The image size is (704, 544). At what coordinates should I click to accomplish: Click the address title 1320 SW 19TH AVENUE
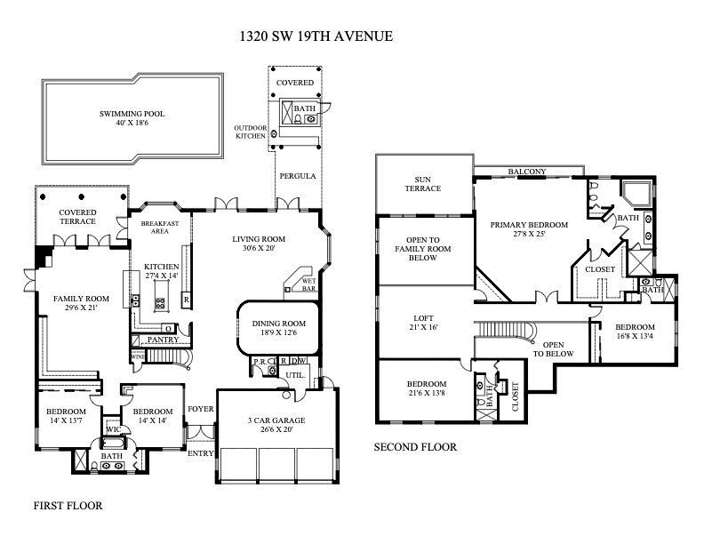pyautogui.click(x=316, y=36)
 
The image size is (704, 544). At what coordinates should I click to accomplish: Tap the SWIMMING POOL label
pyautogui.click(x=132, y=114)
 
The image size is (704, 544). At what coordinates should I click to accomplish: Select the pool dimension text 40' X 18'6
pyautogui.click(x=132, y=123)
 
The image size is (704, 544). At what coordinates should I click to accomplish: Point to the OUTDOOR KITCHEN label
pyautogui.click(x=251, y=132)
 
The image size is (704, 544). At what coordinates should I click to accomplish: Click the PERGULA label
pyautogui.click(x=298, y=176)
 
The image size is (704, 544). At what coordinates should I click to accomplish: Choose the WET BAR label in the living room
pyautogui.click(x=309, y=284)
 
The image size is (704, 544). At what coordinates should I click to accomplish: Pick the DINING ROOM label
pyautogui.click(x=279, y=324)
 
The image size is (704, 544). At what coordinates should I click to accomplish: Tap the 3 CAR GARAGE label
pyautogui.click(x=276, y=420)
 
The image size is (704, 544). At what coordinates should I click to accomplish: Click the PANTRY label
pyautogui.click(x=163, y=340)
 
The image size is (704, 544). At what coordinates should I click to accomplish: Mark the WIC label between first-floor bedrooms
pyautogui.click(x=114, y=429)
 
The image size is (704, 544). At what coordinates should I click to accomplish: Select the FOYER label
pyautogui.click(x=201, y=409)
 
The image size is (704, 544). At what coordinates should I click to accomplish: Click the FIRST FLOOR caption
pyautogui.click(x=68, y=506)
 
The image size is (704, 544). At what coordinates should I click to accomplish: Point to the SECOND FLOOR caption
pyautogui.click(x=415, y=447)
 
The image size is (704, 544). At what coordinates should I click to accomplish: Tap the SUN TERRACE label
pyautogui.click(x=423, y=184)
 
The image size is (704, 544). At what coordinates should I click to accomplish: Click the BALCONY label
pyautogui.click(x=527, y=172)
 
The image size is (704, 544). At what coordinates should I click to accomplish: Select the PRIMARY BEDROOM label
pyautogui.click(x=529, y=225)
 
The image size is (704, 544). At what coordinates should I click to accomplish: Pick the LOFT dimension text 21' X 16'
pyautogui.click(x=423, y=327)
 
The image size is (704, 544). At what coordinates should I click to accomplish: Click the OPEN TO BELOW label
pyautogui.click(x=553, y=349)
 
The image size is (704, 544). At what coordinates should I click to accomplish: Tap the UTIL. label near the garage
pyautogui.click(x=295, y=375)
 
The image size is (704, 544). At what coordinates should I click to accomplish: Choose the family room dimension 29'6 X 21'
pyautogui.click(x=81, y=308)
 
